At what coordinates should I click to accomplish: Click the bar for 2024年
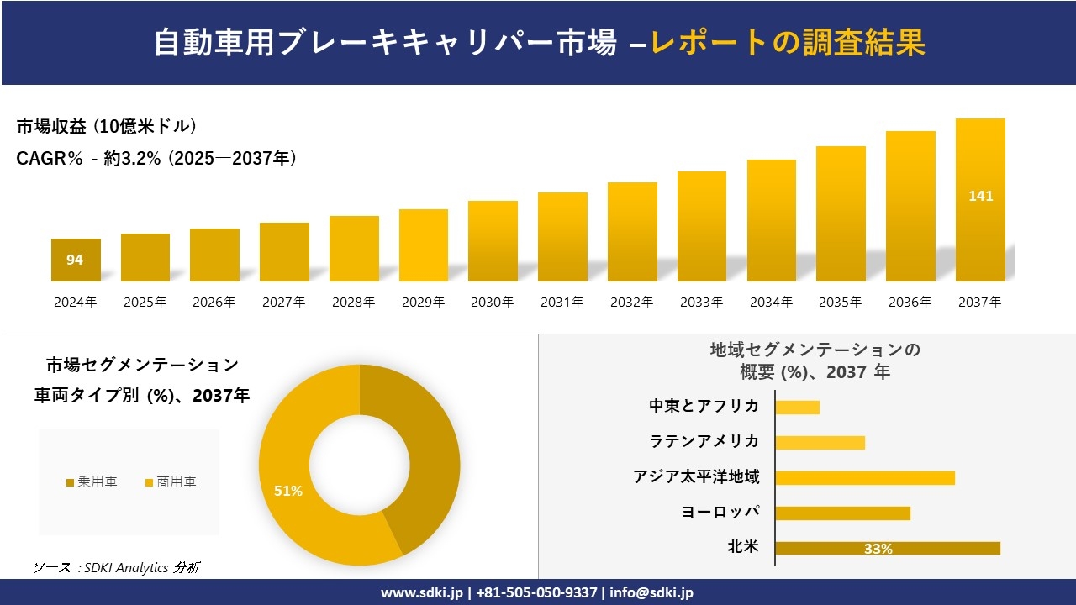click(x=76, y=260)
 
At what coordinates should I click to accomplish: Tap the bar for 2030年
click(x=493, y=241)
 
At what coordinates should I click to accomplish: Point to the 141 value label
click(x=980, y=196)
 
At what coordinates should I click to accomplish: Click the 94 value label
click(x=75, y=260)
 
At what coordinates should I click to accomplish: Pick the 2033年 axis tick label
click(x=701, y=302)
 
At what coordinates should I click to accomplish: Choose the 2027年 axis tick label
click(x=283, y=302)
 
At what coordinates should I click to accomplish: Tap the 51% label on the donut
click(x=288, y=491)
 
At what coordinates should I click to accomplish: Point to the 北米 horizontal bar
click(x=887, y=548)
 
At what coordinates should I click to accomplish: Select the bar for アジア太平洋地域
click(x=864, y=478)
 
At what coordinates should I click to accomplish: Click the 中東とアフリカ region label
click(x=704, y=407)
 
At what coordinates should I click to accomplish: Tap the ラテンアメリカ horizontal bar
click(x=820, y=443)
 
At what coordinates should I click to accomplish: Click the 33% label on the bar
click(x=878, y=549)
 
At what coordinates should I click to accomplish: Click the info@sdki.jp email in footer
click(x=651, y=592)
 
